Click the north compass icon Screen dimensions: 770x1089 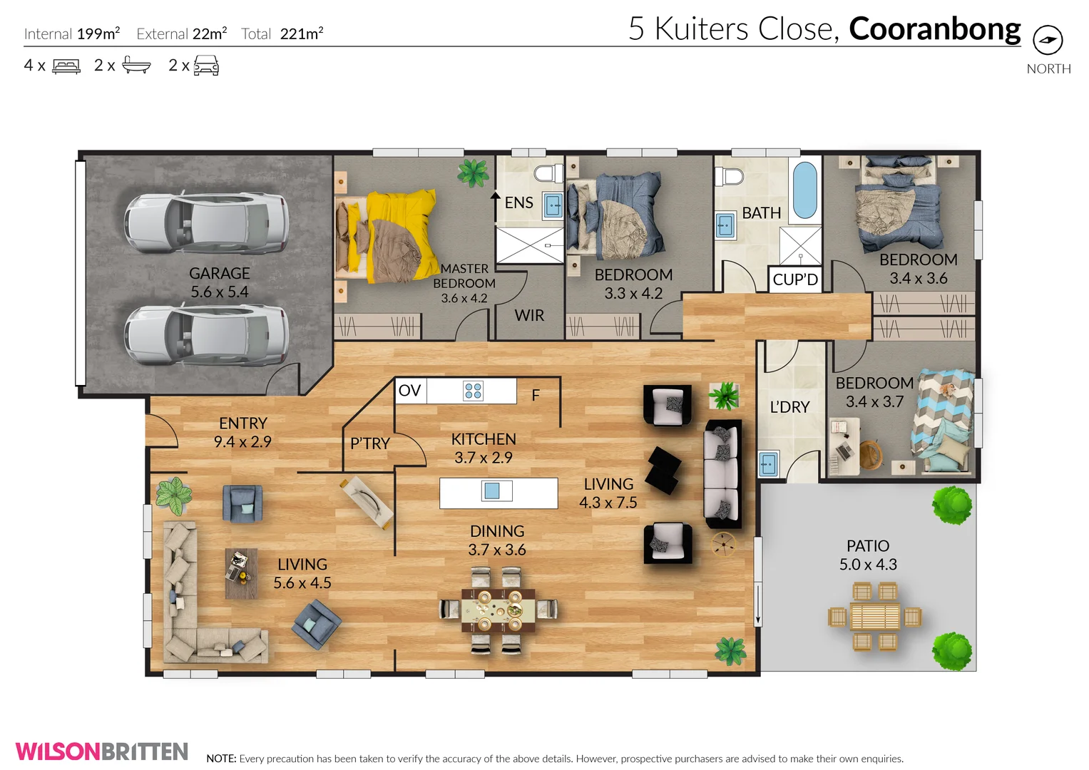click(1047, 40)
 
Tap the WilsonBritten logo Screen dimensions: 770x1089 click(101, 751)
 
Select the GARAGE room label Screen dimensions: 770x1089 click(219, 274)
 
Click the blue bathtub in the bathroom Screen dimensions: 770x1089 click(804, 190)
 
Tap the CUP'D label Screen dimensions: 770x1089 click(795, 279)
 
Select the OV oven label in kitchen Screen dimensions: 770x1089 click(410, 391)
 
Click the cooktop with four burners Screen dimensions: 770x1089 click(473, 391)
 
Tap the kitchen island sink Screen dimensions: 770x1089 click(492, 491)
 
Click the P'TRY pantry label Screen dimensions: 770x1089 click(369, 443)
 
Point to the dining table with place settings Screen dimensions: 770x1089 click(498, 610)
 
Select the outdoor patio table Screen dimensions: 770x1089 click(874, 616)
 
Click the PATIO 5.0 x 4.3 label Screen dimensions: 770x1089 click(868, 555)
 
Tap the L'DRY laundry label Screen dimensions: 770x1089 click(789, 407)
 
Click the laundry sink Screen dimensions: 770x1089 click(767, 464)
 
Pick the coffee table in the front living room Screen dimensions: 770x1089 click(241, 573)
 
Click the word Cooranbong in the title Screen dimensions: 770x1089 click(934, 29)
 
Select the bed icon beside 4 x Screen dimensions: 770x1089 click(66, 66)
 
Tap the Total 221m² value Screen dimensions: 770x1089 click(301, 34)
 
